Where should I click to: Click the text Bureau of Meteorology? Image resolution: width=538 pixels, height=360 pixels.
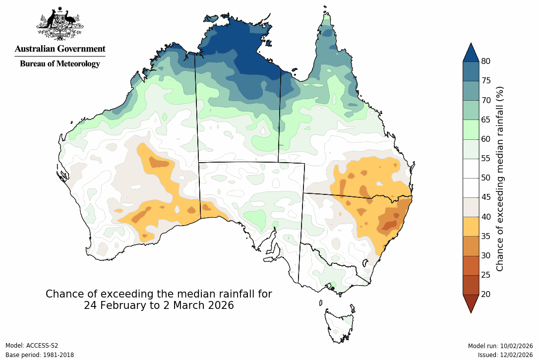coord(60,63)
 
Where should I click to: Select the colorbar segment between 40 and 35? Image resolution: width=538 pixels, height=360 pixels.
coord(471,226)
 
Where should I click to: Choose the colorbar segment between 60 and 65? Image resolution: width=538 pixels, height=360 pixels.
coord(471,129)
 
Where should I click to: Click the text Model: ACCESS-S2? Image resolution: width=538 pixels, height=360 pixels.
coord(32,346)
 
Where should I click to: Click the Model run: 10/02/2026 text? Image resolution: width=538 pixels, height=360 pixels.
coord(500,346)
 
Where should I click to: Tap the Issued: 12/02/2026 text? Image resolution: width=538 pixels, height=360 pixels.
coord(505,355)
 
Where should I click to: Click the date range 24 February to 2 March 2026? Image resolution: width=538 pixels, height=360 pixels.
coord(159,305)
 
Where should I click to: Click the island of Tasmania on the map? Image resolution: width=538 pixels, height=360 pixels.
coord(339,325)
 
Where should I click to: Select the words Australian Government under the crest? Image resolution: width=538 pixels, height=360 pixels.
coord(60,49)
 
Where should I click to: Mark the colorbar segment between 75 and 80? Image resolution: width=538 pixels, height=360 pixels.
coord(471,71)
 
